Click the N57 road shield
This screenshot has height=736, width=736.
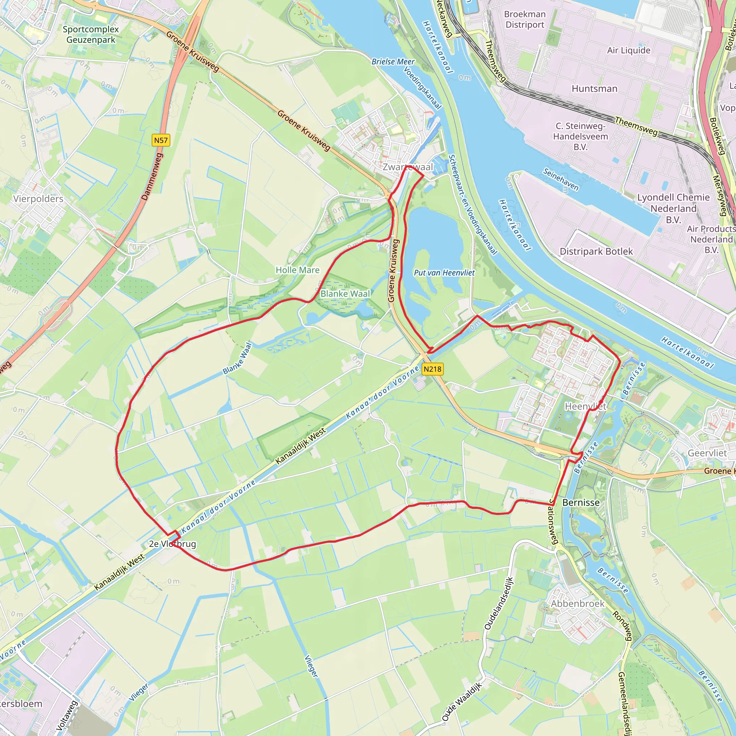[x=161, y=140]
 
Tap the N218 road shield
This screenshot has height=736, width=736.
[x=432, y=369]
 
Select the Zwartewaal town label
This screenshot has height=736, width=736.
[x=408, y=167]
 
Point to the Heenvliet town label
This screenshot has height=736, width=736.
[x=585, y=406]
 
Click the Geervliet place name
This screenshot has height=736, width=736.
[x=707, y=453]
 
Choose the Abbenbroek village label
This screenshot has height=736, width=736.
[x=578, y=603]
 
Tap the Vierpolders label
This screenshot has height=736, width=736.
[x=38, y=199]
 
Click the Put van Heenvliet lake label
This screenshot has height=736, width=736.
[x=444, y=273]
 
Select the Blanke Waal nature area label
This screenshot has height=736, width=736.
[x=345, y=294]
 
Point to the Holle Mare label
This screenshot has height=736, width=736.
[x=298, y=270]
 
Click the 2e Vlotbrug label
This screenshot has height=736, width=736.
[x=172, y=544]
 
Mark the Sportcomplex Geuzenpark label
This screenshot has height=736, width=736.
[x=91, y=34]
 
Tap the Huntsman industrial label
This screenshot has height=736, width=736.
[x=594, y=89]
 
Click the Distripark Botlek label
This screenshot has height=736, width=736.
[x=596, y=252]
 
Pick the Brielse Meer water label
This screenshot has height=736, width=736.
[x=393, y=62]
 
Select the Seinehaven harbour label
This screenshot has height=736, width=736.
[x=560, y=179]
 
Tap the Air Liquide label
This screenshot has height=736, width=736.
[x=629, y=50]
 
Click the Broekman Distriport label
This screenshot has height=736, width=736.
[x=525, y=19]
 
